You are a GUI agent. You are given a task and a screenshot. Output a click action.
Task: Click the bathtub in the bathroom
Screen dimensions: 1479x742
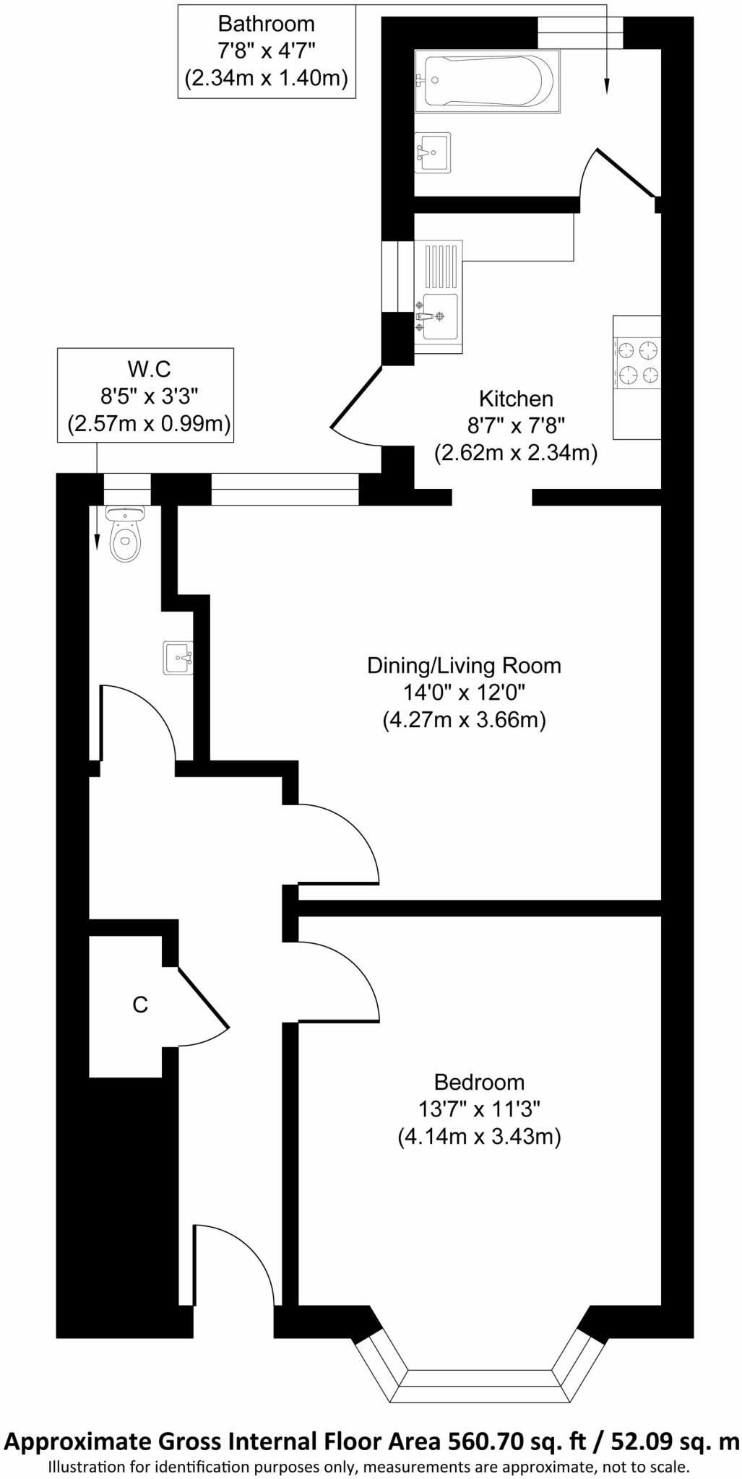click(x=486, y=81)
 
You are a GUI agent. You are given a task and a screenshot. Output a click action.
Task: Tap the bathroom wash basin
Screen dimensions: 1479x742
click(x=433, y=152)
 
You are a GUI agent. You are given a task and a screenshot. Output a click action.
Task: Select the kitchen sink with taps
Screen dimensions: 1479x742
click(x=438, y=316)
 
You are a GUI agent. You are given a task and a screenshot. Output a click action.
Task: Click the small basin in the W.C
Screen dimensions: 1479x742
click(x=177, y=658)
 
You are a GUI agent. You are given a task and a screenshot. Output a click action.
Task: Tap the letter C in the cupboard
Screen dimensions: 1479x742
click(x=140, y=1004)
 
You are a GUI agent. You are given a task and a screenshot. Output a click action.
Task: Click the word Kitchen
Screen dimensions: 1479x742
click(x=516, y=399)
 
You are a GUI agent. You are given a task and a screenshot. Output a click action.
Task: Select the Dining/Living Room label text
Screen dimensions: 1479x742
click(x=464, y=665)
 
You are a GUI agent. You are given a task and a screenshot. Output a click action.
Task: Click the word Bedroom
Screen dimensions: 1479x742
click(x=479, y=1082)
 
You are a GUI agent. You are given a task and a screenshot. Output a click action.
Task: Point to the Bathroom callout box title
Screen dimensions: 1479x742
click(x=266, y=24)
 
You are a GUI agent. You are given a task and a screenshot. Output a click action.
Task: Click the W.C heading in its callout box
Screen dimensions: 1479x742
click(x=149, y=369)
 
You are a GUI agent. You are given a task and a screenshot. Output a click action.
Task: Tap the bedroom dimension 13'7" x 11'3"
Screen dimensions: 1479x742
click(x=479, y=1109)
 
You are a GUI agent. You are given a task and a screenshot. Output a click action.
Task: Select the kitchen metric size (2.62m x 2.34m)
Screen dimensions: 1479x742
click(x=516, y=454)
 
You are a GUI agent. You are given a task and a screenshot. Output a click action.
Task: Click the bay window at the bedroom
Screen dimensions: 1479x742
click(x=478, y=1375)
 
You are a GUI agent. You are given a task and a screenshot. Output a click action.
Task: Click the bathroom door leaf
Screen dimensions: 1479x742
click(x=626, y=173)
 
